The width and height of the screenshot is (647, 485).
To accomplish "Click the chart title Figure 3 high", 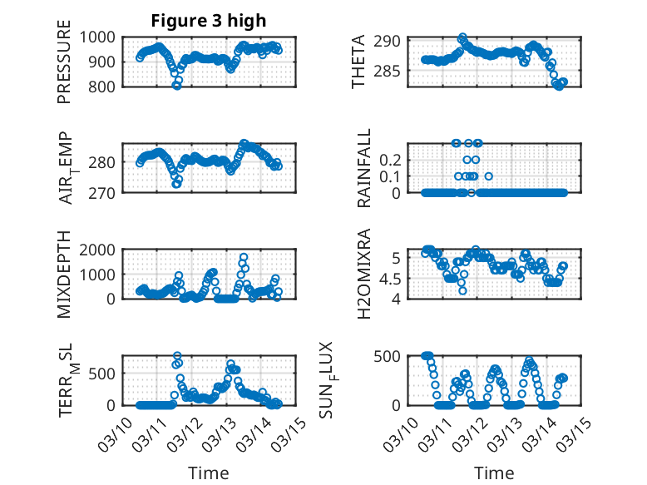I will pyautogui.click(x=209, y=21).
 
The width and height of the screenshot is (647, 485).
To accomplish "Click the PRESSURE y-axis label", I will pyautogui.click(x=64, y=68).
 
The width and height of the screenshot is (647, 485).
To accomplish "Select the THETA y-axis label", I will pyautogui.click(x=358, y=62).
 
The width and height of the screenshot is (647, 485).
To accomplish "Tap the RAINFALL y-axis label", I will pyautogui.click(x=364, y=169).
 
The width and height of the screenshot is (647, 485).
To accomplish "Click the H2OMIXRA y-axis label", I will pyautogui.click(x=364, y=275).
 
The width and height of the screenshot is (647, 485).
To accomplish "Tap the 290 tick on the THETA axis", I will pyautogui.click(x=393, y=41).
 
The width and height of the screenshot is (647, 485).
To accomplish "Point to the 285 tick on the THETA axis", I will pyautogui.click(x=393, y=71).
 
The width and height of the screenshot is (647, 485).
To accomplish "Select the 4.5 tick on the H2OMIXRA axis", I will pyautogui.click(x=393, y=278).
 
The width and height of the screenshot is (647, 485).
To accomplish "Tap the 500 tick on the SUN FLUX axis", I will pyautogui.click(x=393, y=356).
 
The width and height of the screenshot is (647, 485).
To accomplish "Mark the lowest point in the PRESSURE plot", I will pyautogui.click(x=176, y=85).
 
